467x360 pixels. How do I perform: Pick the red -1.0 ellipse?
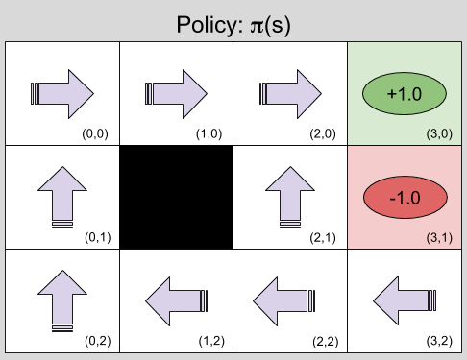404,197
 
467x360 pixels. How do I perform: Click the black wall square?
176,196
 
